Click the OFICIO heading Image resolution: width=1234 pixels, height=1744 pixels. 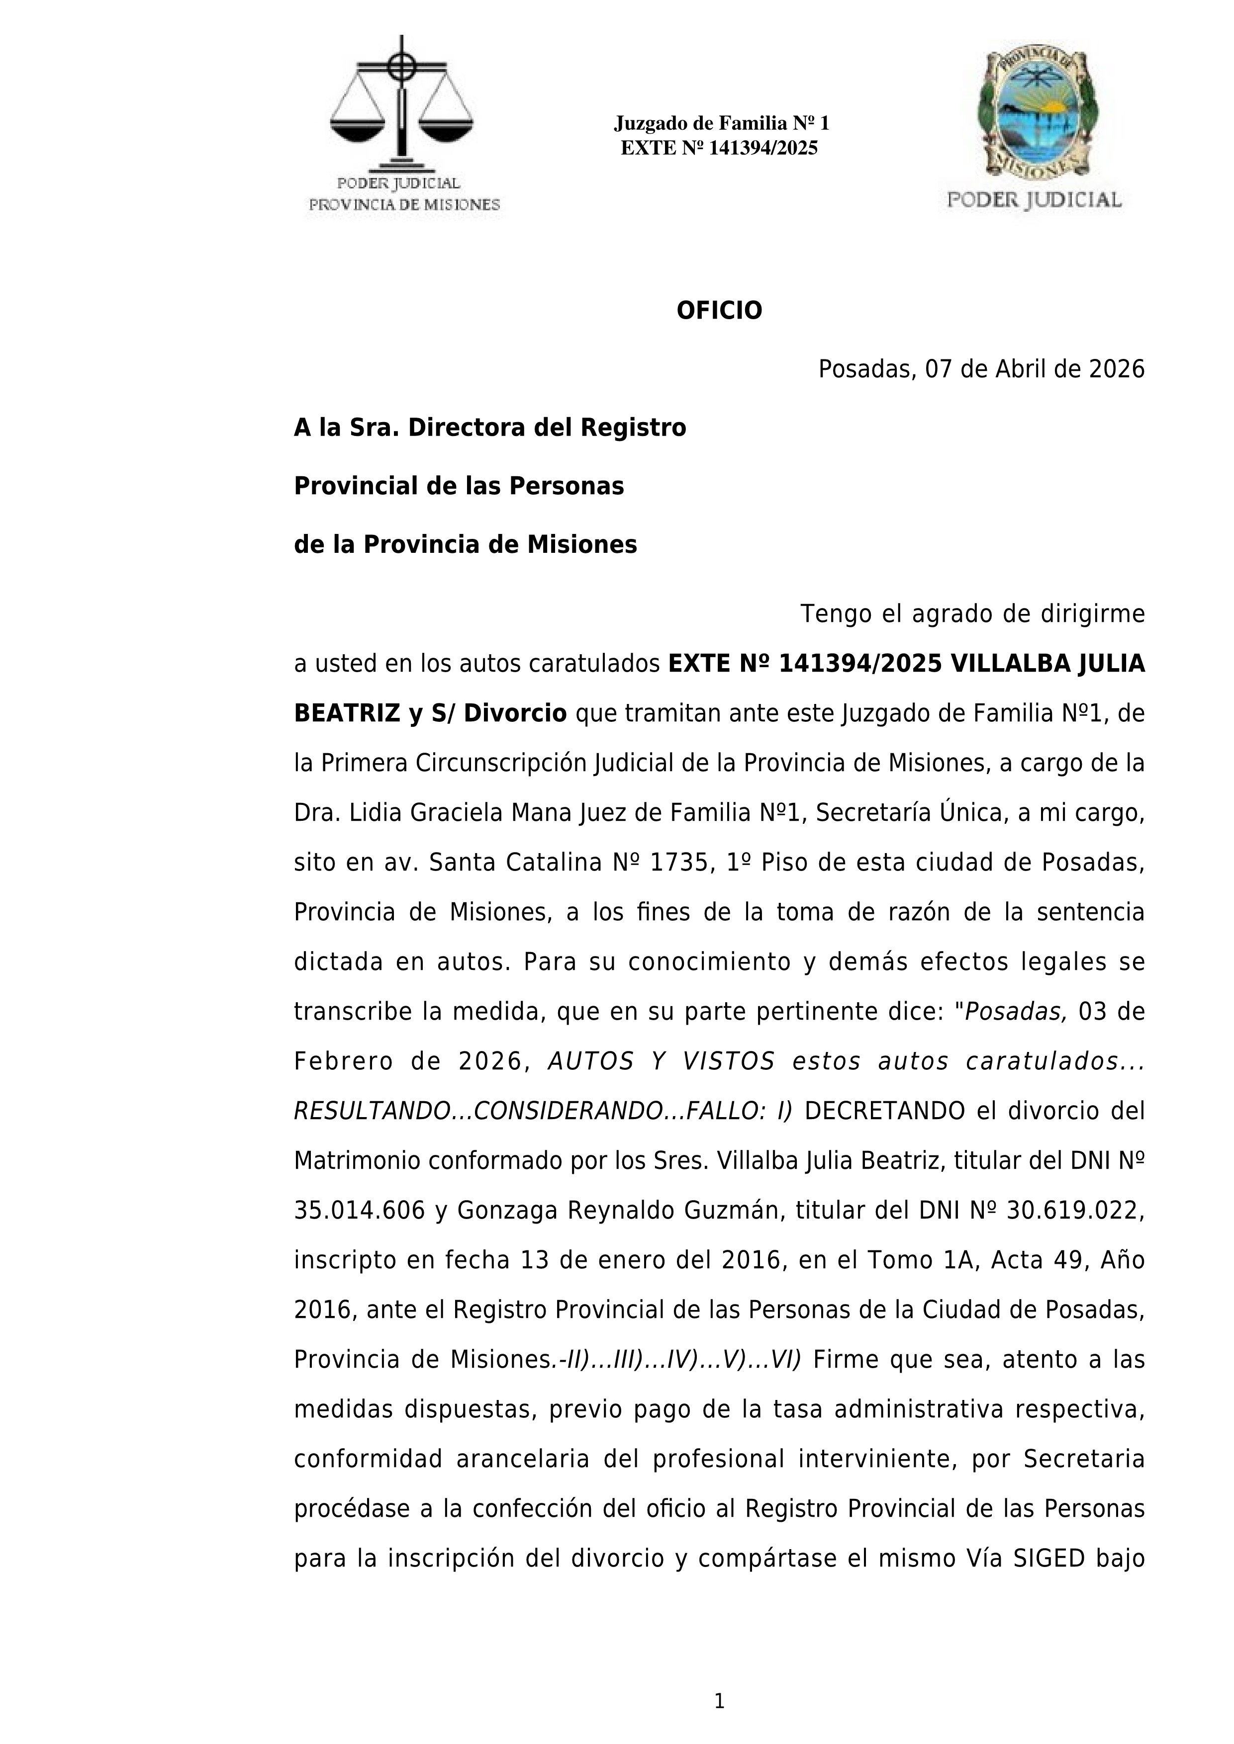click(719, 311)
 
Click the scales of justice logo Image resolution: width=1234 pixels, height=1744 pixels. click(401, 106)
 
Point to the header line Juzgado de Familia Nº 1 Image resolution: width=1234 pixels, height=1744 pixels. click(721, 123)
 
